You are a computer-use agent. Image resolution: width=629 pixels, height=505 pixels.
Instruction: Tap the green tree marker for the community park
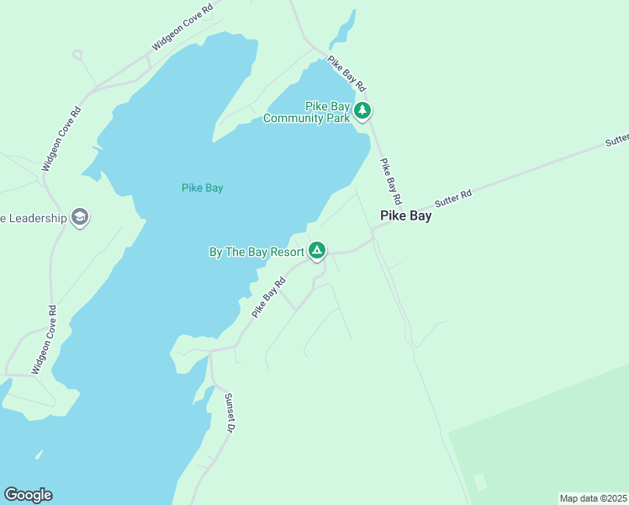(x=362, y=110)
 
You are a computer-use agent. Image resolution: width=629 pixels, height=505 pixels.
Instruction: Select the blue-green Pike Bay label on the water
(x=203, y=188)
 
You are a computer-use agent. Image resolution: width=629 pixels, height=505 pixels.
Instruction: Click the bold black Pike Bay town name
(x=406, y=215)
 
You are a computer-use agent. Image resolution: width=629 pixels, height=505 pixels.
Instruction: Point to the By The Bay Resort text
(x=256, y=252)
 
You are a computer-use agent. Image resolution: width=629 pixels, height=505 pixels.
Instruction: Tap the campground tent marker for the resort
(x=317, y=250)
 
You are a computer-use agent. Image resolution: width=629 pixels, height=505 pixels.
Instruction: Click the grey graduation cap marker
(x=80, y=217)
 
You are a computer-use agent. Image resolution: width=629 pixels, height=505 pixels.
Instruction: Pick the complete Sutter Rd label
(x=453, y=199)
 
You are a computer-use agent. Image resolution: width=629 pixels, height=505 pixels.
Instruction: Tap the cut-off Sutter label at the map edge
(x=616, y=141)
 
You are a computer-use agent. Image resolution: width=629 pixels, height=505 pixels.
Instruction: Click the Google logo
(x=28, y=495)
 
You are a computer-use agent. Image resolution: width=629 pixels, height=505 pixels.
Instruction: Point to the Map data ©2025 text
(x=593, y=498)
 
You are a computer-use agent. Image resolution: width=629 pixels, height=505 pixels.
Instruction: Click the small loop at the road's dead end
(x=77, y=56)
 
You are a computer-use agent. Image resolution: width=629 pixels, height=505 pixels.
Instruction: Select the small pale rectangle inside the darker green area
(x=479, y=482)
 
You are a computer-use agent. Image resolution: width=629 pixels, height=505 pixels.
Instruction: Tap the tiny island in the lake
(x=39, y=455)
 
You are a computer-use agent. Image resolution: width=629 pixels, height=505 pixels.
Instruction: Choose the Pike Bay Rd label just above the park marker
(x=347, y=73)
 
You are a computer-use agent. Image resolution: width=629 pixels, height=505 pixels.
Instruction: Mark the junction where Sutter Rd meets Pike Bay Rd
(x=373, y=229)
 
